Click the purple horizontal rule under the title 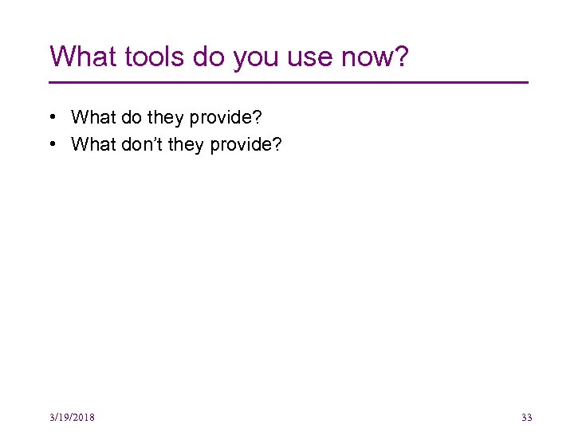pos(289,82)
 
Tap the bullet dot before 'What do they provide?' pos(52,118)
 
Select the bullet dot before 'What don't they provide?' pos(52,145)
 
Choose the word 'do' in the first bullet pos(128,118)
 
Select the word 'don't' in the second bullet pos(139,145)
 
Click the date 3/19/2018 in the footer pos(72,418)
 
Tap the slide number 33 pos(526,418)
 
